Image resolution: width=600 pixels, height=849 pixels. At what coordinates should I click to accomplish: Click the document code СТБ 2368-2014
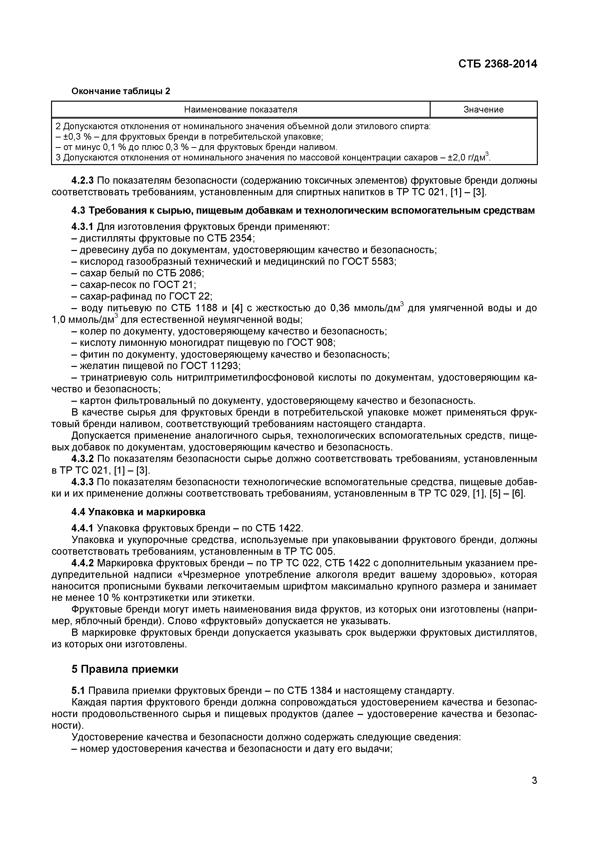[498, 64]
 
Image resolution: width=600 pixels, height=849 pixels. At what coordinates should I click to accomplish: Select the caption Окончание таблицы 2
[120, 91]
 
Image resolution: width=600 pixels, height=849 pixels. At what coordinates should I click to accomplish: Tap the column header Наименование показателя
[241, 109]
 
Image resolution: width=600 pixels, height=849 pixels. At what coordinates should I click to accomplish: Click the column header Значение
[484, 109]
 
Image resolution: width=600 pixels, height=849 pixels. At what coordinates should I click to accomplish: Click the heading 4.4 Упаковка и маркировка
[138, 512]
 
